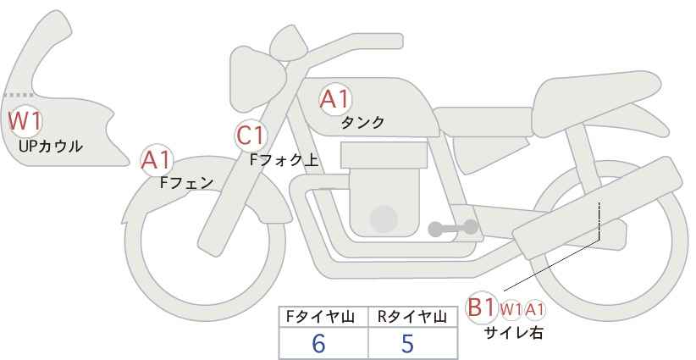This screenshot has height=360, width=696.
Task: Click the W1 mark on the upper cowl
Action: click(25, 121)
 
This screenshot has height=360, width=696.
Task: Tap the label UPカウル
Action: click(51, 146)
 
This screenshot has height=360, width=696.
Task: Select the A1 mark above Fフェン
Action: click(156, 160)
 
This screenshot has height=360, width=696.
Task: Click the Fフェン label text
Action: click(186, 182)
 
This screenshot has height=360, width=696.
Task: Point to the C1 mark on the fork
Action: click(251, 136)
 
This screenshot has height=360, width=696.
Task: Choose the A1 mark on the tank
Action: click(335, 99)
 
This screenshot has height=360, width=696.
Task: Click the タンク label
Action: click(362, 122)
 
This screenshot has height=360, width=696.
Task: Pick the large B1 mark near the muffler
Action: click(481, 307)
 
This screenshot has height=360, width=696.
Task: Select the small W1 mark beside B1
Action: click(511, 309)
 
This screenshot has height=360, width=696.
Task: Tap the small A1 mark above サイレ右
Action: click(534, 309)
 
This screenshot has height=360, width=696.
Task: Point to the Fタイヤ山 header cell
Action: click(323, 317)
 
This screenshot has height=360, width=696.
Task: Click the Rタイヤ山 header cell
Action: click(413, 317)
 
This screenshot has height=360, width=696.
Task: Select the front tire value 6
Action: click(318, 343)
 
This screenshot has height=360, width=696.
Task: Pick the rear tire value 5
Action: click(407, 343)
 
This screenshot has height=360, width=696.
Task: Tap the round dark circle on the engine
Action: click(384, 219)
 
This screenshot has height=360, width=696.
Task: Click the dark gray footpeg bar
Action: click(453, 228)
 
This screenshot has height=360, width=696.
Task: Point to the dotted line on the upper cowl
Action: click(19, 95)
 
